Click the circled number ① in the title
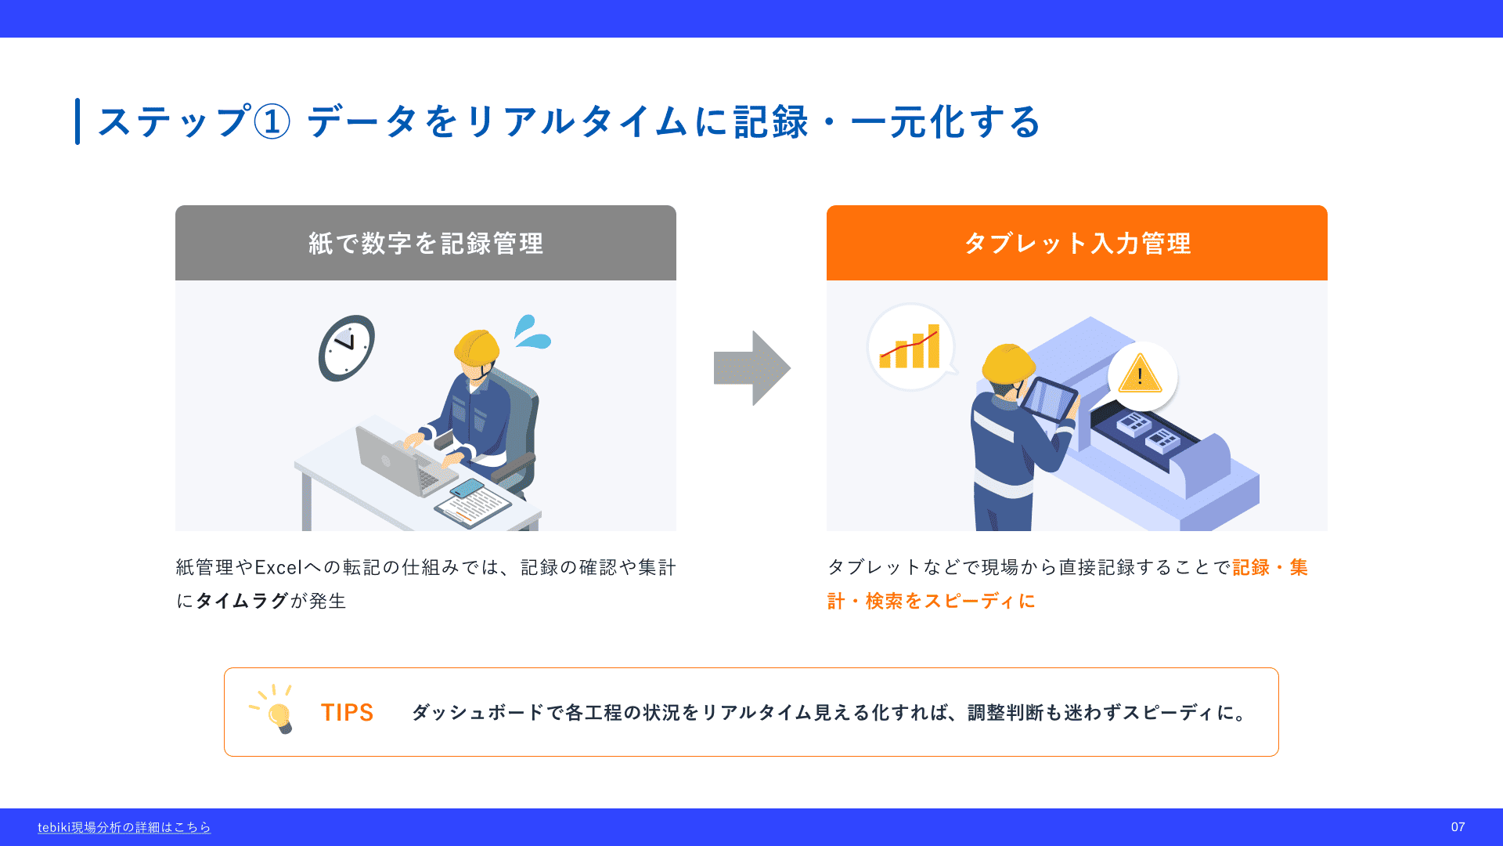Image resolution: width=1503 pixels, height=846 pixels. click(x=272, y=122)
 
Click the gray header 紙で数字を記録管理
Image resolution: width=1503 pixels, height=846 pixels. click(x=426, y=243)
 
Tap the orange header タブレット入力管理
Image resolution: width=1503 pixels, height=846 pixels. click(x=1077, y=243)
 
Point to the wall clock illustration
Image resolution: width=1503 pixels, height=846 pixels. click(x=347, y=348)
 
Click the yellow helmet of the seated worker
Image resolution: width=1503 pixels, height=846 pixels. click(x=476, y=346)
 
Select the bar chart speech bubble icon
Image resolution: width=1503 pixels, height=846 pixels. click(x=911, y=347)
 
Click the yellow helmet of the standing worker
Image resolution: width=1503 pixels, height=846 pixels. click(x=1008, y=363)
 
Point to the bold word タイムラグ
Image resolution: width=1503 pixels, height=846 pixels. click(x=242, y=601)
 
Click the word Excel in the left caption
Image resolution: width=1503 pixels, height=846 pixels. click(x=279, y=567)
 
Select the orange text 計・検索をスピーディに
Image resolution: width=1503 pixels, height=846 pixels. click(x=932, y=601)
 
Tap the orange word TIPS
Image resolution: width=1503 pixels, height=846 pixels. click(x=347, y=712)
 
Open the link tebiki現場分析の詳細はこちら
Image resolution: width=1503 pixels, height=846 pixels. click(x=124, y=827)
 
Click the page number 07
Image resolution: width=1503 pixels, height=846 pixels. click(x=1458, y=827)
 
